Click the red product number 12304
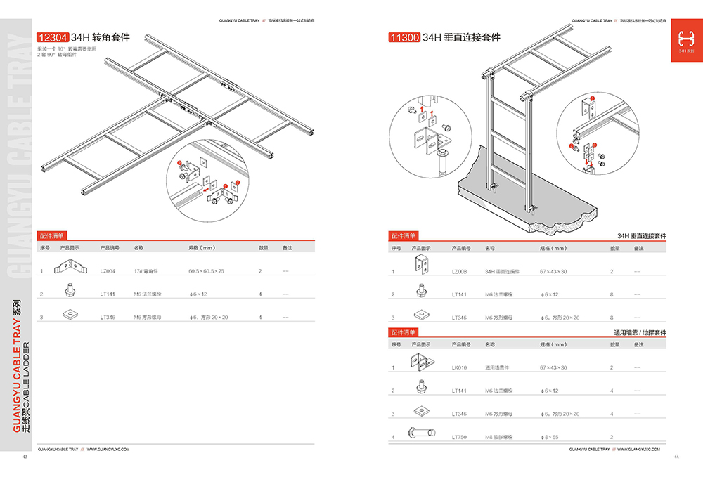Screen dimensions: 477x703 click(x=52, y=37)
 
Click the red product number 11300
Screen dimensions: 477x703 click(x=404, y=37)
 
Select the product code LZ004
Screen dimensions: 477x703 click(x=107, y=270)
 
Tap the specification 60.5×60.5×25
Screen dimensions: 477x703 click(x=206, y=270)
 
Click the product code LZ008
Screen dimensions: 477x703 click(x=459, y=270)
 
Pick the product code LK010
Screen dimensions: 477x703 click(x=459, y=367)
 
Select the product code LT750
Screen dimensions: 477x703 click(x=459, y=437)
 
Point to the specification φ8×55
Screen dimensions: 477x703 click(x=548, y=437)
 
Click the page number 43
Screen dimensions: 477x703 click(x=25, y=457)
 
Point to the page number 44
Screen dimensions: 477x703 click(x=676, y=457)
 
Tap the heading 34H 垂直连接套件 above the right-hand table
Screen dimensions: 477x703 click(x=641, y=236)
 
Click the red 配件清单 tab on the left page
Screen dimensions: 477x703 click(x=51, y=236)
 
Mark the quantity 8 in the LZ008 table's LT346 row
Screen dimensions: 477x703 click(x=612, y=318)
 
